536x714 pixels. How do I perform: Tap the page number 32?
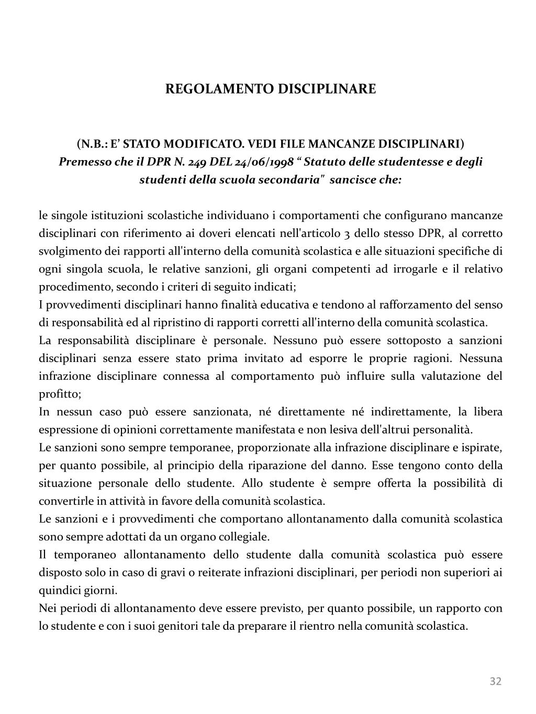495,681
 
